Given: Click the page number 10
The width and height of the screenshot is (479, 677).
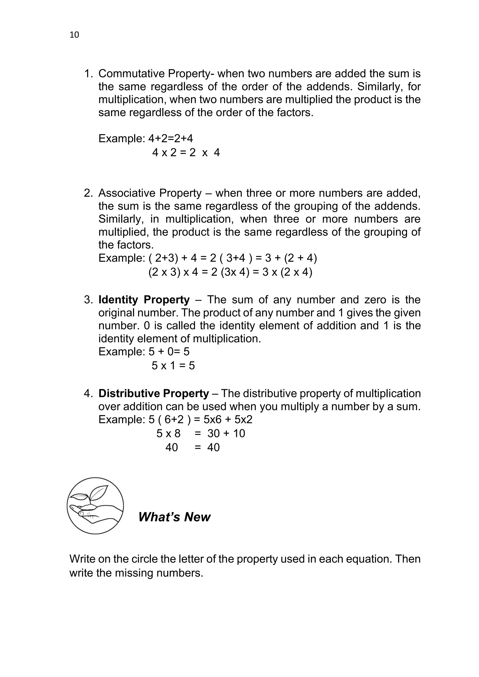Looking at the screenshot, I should pyautogui.click(x=74, y=35).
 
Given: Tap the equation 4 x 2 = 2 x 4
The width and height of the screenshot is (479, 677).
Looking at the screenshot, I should pyautogui.click(x=186, y=153).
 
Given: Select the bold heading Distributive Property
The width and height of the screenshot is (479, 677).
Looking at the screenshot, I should pyautogui.click(x=153, y=393).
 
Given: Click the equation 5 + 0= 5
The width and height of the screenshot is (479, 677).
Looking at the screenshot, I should pyautogui.click(x=169, y=352).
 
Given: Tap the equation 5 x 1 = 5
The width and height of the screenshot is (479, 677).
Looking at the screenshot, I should pyautogui.click(x=173, y=366).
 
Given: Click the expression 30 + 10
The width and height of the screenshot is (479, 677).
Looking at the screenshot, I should pyautogui.click(x=226, y=433).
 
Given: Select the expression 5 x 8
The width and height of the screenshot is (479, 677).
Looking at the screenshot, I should pyautogui.click(x=168, y=433).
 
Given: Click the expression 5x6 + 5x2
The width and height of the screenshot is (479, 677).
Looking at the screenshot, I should pyautogui.click(x=228, y=419).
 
